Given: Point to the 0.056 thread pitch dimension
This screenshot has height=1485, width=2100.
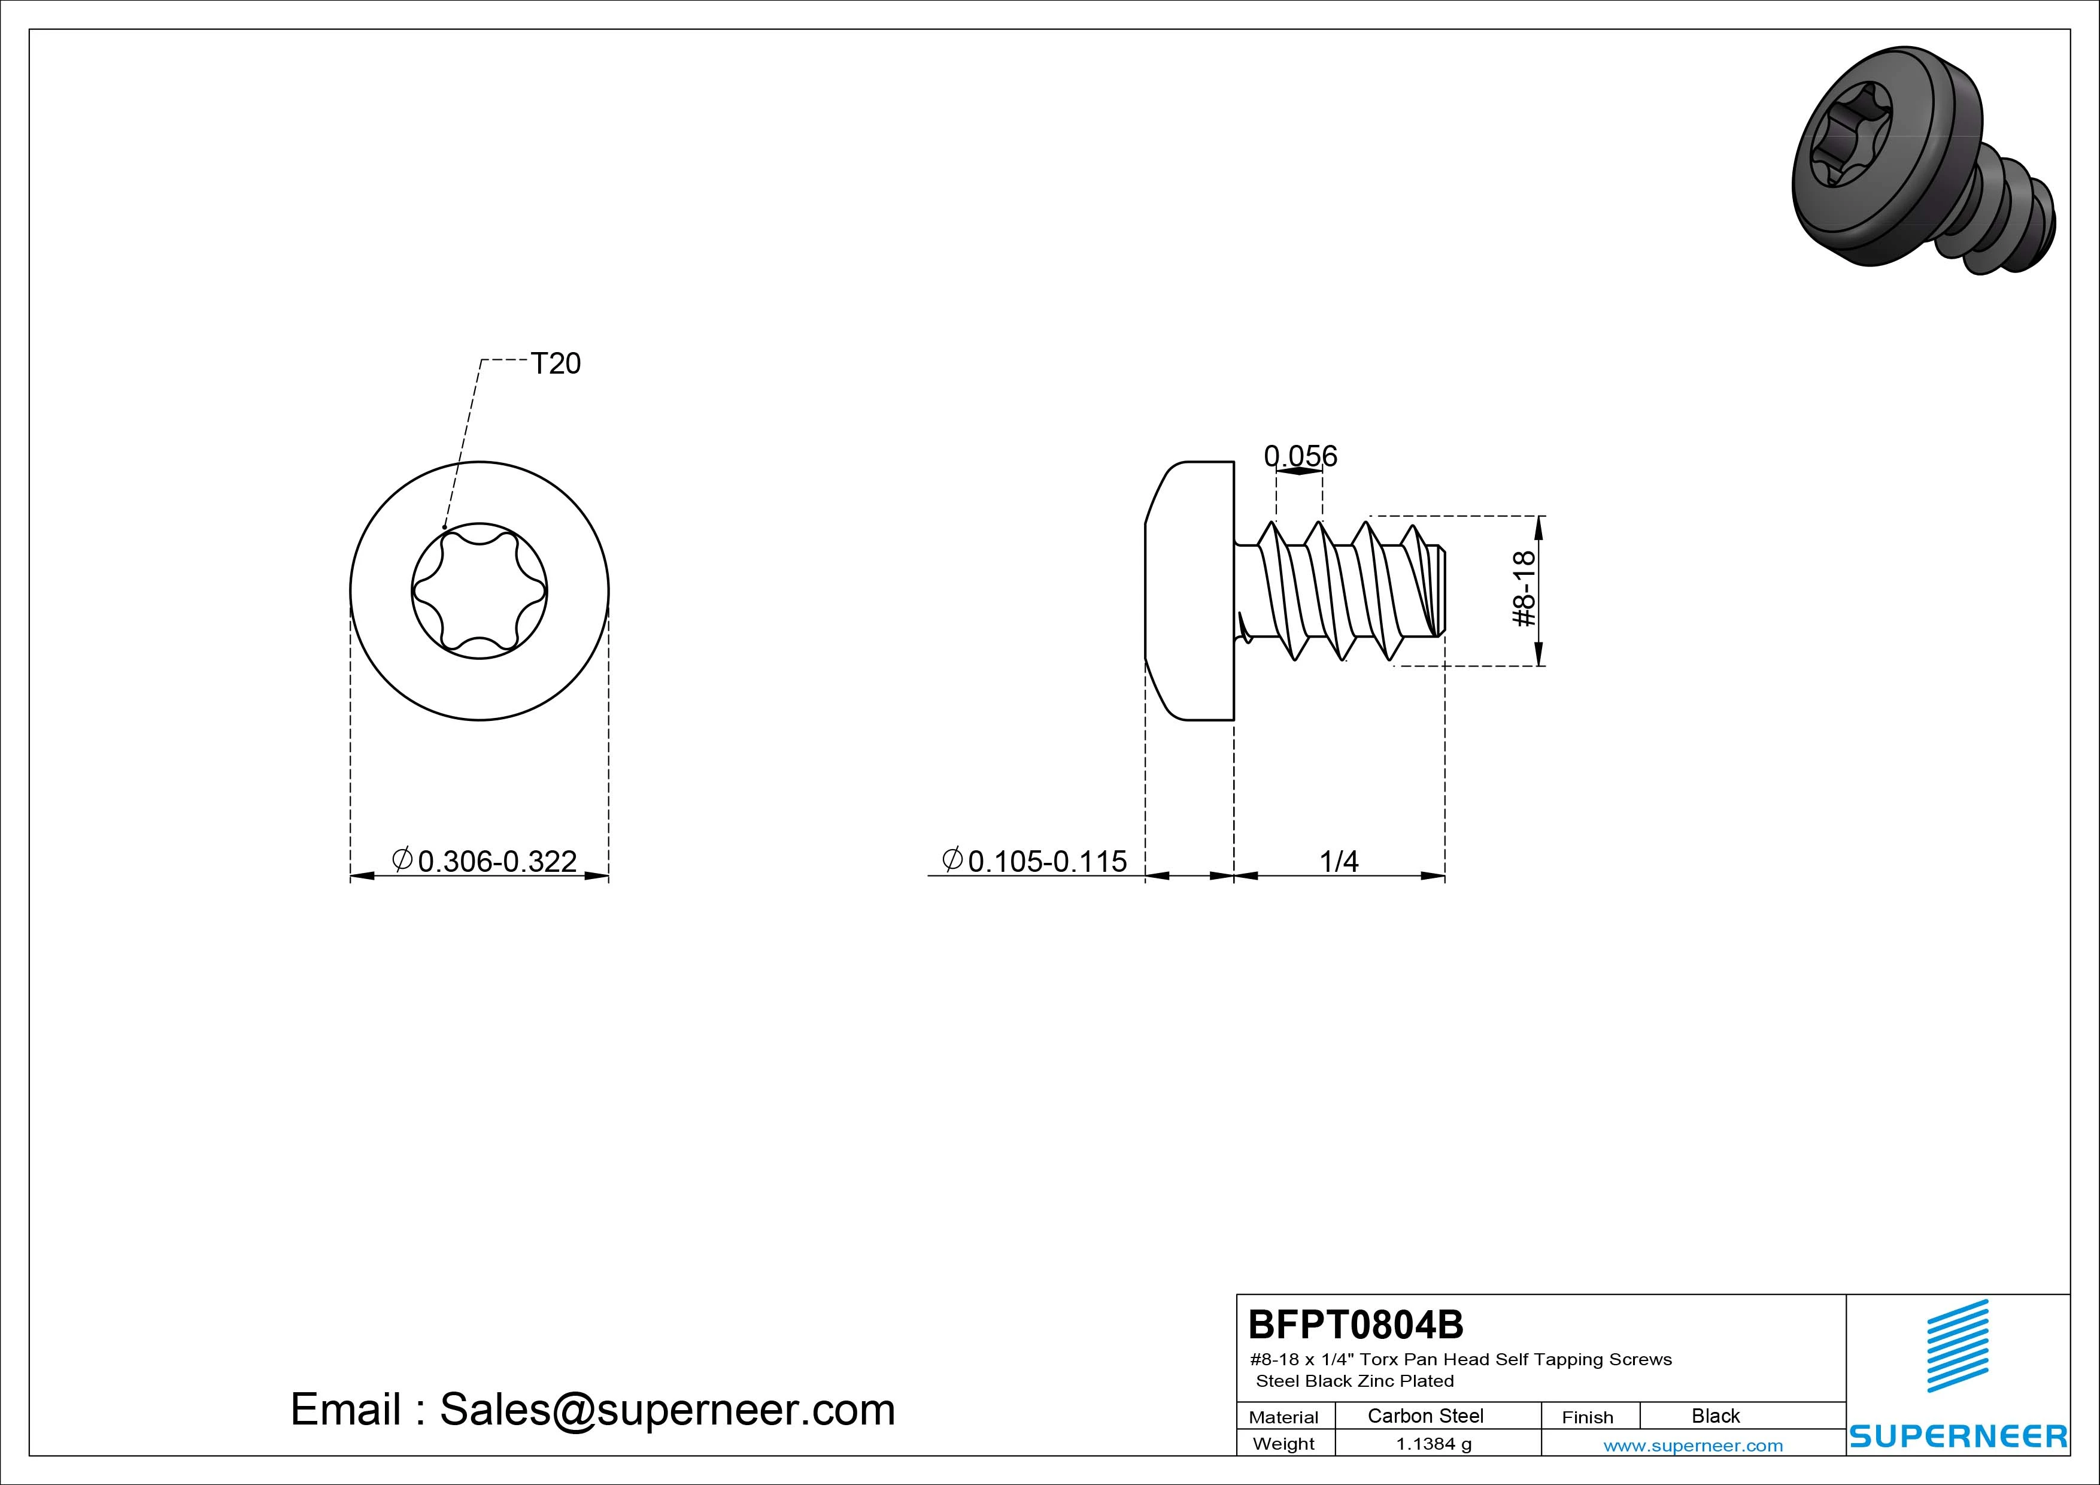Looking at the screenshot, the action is point(1300,456).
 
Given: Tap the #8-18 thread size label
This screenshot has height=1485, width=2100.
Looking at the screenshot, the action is point(1524,589).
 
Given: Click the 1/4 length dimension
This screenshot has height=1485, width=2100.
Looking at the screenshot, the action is point(1339,861).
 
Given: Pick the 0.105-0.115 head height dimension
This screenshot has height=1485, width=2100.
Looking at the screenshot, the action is point(1034,861).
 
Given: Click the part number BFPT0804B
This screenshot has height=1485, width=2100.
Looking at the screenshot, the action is point(1355,1324).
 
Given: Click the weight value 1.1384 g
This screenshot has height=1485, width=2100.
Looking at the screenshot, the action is point(1433,1444).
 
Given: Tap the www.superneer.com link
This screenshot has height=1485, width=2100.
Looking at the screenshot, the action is point(1693,1445).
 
